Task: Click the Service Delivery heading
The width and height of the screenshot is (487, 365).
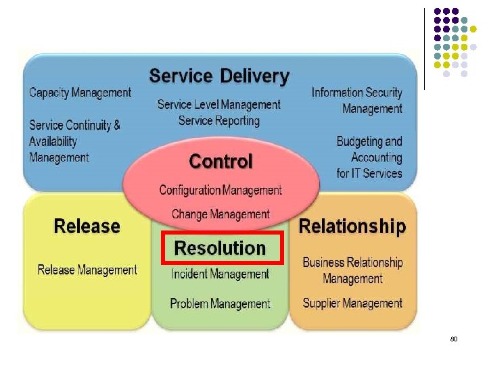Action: (x=219, y=76)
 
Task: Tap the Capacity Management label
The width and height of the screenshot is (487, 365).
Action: (x=80, y=93)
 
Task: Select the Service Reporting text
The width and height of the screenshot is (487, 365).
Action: (x=219, y=121)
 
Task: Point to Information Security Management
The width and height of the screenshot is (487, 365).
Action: (x=357, y=101)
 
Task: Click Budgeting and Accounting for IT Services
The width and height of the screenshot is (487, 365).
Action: (x=369, y=157)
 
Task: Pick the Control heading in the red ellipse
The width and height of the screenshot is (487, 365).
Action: (x=221, y=162)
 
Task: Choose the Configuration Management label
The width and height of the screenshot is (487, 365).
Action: (x=221, y=190)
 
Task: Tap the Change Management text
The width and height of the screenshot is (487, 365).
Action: (x=221, y=214)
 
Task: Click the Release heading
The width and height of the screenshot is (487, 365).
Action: (x=87, y=226)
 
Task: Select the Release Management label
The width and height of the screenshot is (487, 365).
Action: (x=87, y=270)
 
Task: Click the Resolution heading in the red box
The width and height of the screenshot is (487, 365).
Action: (x=220, y=248)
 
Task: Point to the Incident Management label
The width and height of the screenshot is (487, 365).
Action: (x=221, y=274)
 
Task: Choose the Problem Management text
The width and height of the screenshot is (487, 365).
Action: (x=221, y=303)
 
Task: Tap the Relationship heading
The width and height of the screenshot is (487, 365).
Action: (x=352, y=226)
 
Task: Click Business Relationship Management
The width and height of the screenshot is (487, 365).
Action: (x=352, y=270)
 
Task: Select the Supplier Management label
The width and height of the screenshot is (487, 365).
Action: (x=352, y=303)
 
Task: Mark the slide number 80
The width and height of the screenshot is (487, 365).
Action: (x=454, y=338)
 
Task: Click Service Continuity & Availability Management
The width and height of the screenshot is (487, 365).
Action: (x=74, y=141)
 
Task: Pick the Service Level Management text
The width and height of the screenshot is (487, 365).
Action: (x=219, y=105)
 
